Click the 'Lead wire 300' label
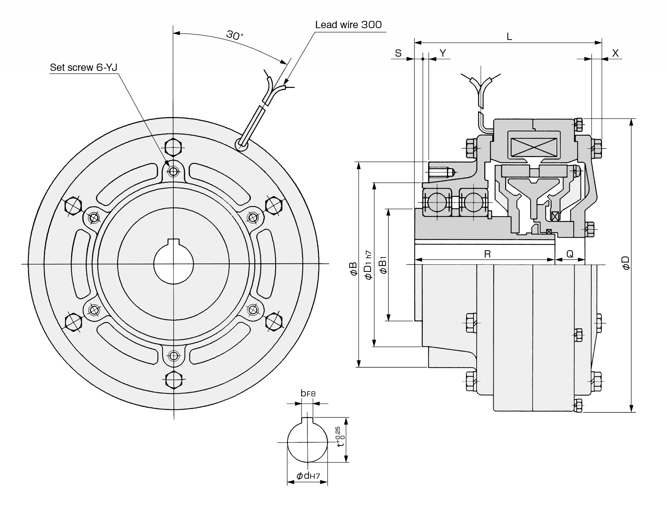348,25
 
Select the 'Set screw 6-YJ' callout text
83,67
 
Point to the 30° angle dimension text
235,35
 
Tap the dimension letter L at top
509,36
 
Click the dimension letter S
398,53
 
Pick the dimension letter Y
443,53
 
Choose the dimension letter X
615,53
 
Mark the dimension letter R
487,254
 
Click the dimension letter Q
570,254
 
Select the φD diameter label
626,263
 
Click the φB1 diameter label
383,265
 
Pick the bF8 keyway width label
308,393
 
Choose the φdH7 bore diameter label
308,476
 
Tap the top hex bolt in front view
173,147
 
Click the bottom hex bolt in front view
173,379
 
